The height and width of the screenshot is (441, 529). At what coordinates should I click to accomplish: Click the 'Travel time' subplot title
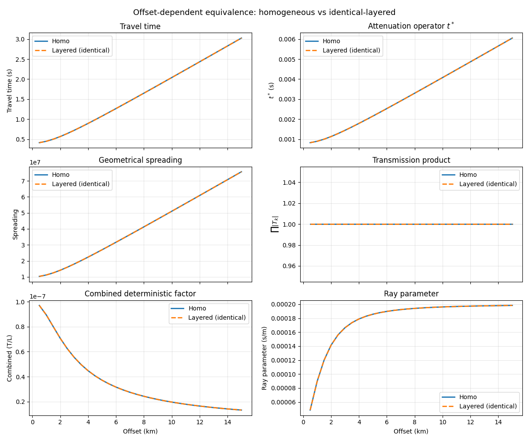click(x=140, y=26)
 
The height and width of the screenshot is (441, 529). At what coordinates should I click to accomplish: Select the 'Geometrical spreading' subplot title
click(x=140, y=160)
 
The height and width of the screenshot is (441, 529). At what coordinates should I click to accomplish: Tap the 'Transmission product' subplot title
click(x=411, y=160)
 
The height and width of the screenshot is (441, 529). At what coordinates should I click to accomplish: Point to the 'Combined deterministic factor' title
click(x=140, y=294)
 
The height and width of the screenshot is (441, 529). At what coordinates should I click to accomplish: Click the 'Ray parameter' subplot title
click(x=411, y=294)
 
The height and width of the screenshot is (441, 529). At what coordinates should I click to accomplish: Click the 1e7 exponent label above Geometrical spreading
click(x=36, y=163)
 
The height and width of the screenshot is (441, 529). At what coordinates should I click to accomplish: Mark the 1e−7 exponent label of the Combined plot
click(x=38, y=296)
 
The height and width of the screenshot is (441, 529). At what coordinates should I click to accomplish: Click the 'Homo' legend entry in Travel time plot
click(x=60, y=41)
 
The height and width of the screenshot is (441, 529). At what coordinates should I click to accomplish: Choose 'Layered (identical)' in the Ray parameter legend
click(x=488, y=406)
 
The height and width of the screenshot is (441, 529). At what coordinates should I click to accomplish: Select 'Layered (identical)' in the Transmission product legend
click(x=488, y=184)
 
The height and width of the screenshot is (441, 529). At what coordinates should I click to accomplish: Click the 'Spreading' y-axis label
click(x=15, y=224)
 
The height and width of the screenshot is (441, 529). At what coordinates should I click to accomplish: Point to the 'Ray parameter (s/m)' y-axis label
click(x=264, y=358)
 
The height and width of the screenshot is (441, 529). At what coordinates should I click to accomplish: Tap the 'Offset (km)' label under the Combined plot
click(x=140, y=431)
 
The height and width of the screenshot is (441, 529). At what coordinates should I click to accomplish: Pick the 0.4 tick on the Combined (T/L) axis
click(x=21, y=377)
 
